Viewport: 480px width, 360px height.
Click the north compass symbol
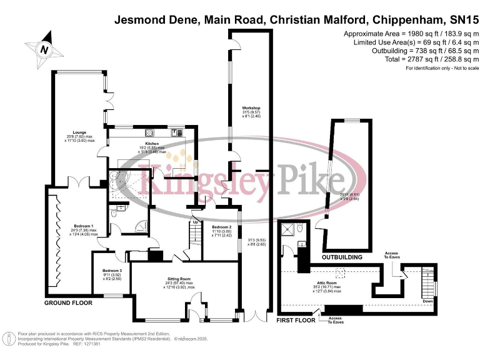coord(43,48)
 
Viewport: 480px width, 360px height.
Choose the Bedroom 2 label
coord(221,227)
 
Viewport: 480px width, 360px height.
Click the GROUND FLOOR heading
coord(68,303)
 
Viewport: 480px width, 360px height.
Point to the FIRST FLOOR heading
coord(296,320)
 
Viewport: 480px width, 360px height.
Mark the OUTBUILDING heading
coord(342,257)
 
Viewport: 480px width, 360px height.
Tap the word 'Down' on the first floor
coord(427,300)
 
